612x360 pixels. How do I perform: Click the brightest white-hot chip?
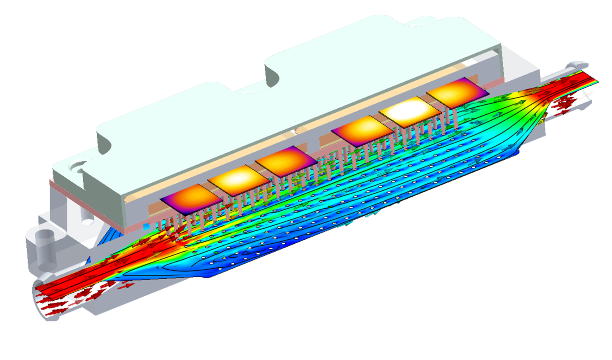[410, 112]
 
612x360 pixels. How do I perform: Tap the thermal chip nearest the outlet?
[457, 92]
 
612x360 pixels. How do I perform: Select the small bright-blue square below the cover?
[147, 227]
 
